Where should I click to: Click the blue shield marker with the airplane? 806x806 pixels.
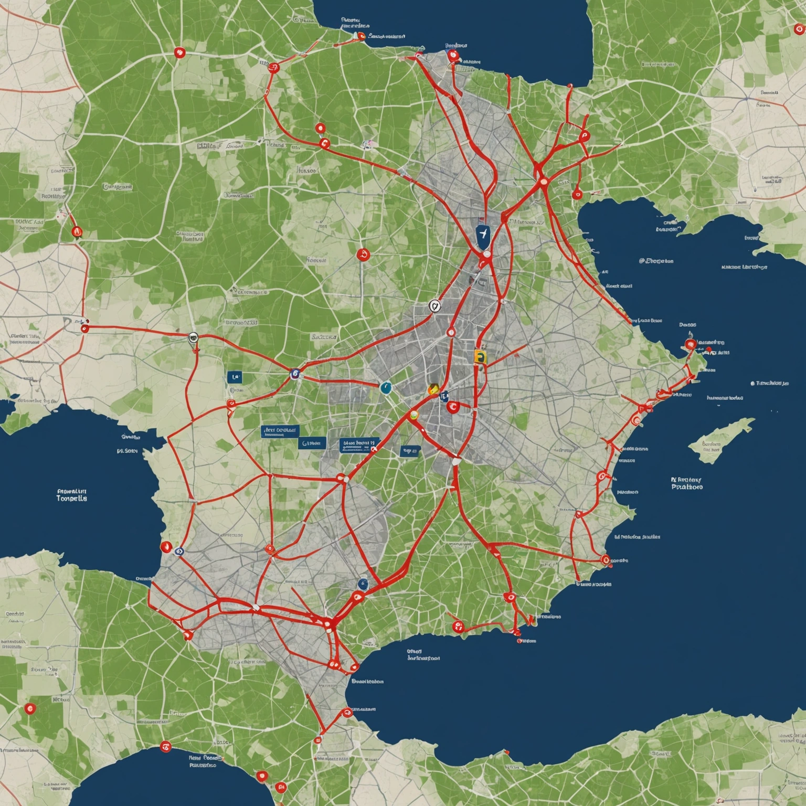pos(482,235)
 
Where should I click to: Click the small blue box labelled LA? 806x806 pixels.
pos(235,377)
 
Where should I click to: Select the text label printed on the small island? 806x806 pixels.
pos(712,447)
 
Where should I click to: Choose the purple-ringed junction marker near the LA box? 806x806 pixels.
pos(295,373)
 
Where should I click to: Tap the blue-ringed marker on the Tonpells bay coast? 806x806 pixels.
pos(179,551)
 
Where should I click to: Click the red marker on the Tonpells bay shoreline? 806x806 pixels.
pos(166,547)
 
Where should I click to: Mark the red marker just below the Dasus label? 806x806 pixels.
pos(691,344)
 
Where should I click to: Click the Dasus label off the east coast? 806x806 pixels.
pos(687,325)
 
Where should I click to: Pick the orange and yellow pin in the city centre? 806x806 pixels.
pos(433,389)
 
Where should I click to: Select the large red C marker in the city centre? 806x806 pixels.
pos(452,406)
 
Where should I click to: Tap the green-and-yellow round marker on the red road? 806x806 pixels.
pos(413,415)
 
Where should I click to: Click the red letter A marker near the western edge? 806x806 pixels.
pos(77,231)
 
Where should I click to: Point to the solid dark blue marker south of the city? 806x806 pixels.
pos(362,584)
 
